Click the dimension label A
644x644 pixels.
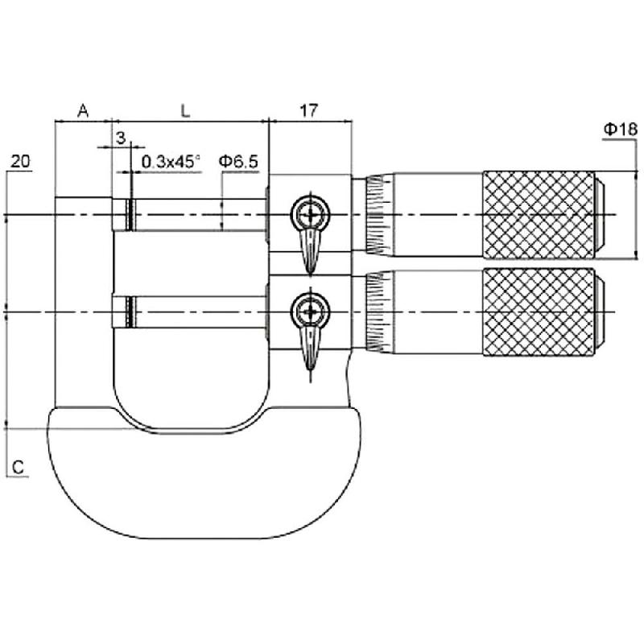pyautogui.click(x=84, y=110)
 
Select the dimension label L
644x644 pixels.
pyautogui.click(x=186, y=110)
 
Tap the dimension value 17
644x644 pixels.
pyautogui.click(x=309, y=110)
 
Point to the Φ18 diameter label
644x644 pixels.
pyautogui.click(x=621, y=130)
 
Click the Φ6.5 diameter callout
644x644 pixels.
pyautogui.click(x=238, y=162)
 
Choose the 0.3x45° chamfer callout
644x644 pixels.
pyautogui.click(x=171, y=162)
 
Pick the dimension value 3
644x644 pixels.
pyautogui.click(x=121, y=138)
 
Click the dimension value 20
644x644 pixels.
pyautogui.click(x=20, y=161)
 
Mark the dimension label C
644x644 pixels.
pyautogui.click(x=18, y=468)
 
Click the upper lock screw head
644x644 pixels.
pyautogui.click(x=311, y=214)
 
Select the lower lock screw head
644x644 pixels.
pyautogui.click(x=311, y=312)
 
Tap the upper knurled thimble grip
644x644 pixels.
pyautogui.click(x=539, y=215)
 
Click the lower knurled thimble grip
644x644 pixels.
pyautogui.click(x=539, y=312)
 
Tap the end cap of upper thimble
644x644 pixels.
pyautogui.click(x=600, y=215)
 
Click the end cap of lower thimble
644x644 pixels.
pyautogui.click(x=600, y=312)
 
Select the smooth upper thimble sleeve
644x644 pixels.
pyautogui.click(x=438, y=215)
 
